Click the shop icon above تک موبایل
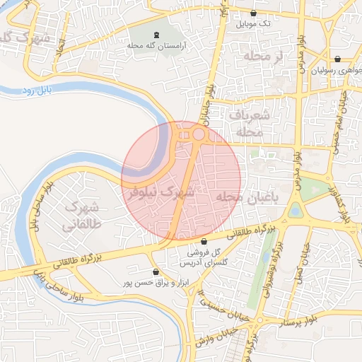pos(253,13)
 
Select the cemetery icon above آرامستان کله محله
pos(156,35)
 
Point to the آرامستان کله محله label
pos(156,45)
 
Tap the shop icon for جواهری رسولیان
pos(337,59)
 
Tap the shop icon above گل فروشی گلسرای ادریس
pos(204,242)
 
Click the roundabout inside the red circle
pos(199,134)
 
